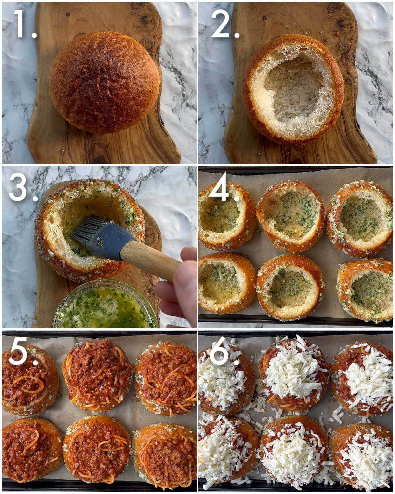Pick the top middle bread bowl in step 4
(291, 216)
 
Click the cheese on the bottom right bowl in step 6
(365, 458)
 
